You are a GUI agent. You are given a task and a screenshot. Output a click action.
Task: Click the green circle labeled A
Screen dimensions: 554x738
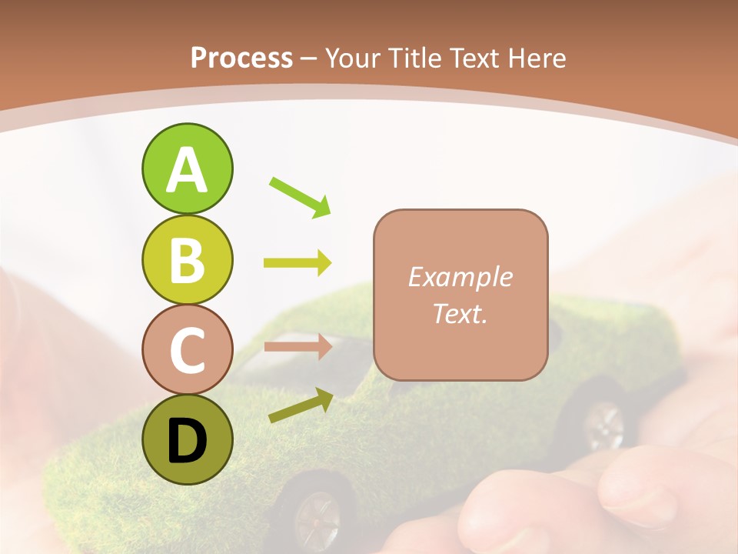pyautogui.click(x=187, y=169)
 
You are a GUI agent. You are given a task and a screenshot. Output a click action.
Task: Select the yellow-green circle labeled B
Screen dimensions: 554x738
pyautogui.click(x=187, y=260)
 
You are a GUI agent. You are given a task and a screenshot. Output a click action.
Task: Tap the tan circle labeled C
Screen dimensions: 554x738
pyautogui.click(x=187, y=350)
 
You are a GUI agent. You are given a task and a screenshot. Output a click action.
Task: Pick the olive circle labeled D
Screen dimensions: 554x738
pyautogui.click(x=187, y=440)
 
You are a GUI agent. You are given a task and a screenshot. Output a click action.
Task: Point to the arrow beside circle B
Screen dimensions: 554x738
pyautogui.click(x=298, y=263)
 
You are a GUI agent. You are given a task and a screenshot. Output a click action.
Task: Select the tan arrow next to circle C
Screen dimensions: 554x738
pyautogui.click(x=298, y=346)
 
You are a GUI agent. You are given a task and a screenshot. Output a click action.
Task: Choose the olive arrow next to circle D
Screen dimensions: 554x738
pyautogui.click(x=301, y=405)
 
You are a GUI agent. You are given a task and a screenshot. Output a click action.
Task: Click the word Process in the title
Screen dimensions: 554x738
pyautogui.click(x=241, y=58)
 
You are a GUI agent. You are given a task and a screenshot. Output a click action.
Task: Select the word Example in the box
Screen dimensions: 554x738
pyautogui.click(x=460, y=277)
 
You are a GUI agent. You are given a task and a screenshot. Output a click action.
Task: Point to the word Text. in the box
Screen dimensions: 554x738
pyautogui.click(x=460, y=314)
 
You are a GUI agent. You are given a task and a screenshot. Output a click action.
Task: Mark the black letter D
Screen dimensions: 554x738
pyautogui.click(x=187, y=441)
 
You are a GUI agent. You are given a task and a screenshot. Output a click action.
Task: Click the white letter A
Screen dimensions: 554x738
pyautogui.click(x=187, y=170)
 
